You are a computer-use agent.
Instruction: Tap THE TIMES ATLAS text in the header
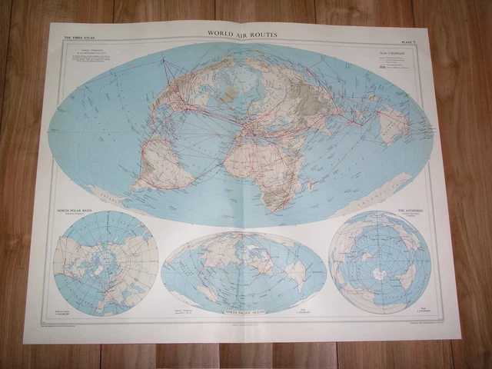click(x=79, y=36)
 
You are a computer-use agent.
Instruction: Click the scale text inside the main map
click(x=390, y=54)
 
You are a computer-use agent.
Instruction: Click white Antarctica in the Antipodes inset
click(x=379, y=273)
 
